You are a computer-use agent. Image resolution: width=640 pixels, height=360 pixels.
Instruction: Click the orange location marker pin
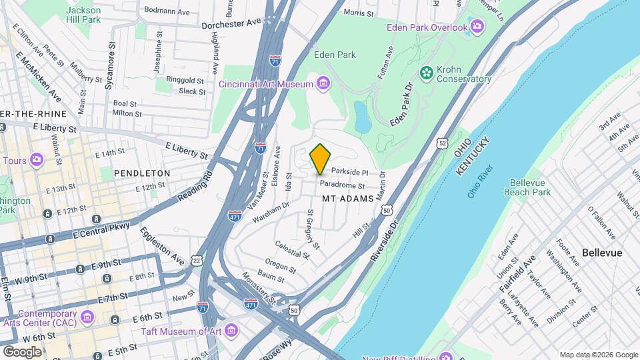point(320,159)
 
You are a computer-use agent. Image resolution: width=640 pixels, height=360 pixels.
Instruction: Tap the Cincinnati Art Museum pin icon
point(323,83)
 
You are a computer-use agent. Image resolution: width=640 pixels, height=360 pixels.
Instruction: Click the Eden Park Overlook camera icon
point(477,27)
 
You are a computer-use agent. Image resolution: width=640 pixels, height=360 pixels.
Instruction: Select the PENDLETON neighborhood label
point(142,173)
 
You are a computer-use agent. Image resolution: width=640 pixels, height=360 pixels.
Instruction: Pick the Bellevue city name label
point(601,253)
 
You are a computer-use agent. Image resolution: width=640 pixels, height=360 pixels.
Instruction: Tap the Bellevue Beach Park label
point(530,187)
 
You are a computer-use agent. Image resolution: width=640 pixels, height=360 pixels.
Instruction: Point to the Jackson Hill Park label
point(84,15)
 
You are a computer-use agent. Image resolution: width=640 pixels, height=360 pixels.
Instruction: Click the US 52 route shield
point(443,143)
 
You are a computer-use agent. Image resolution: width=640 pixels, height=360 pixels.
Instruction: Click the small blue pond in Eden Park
point(363,117)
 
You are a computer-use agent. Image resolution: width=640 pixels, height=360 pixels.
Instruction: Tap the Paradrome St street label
point(342,185)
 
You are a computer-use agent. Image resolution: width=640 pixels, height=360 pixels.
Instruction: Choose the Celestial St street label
point(293,250)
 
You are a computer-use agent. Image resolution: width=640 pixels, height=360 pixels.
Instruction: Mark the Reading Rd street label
point(195,189)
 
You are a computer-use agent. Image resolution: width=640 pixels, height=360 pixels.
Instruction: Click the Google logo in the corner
point(23,351)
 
